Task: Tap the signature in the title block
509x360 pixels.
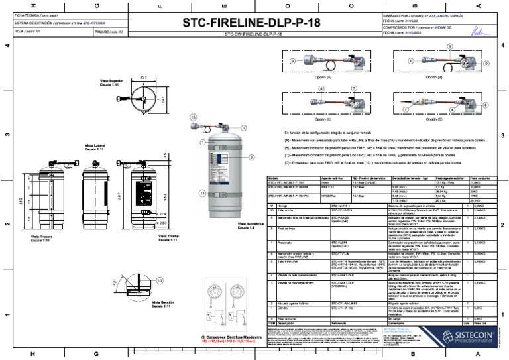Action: [x=476, y=29]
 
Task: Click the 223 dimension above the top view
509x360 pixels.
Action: [x=143, y=78]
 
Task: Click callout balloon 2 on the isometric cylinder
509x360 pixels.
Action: [x=252, y=157]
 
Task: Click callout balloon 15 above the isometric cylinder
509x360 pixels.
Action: [x=194, y=116]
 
